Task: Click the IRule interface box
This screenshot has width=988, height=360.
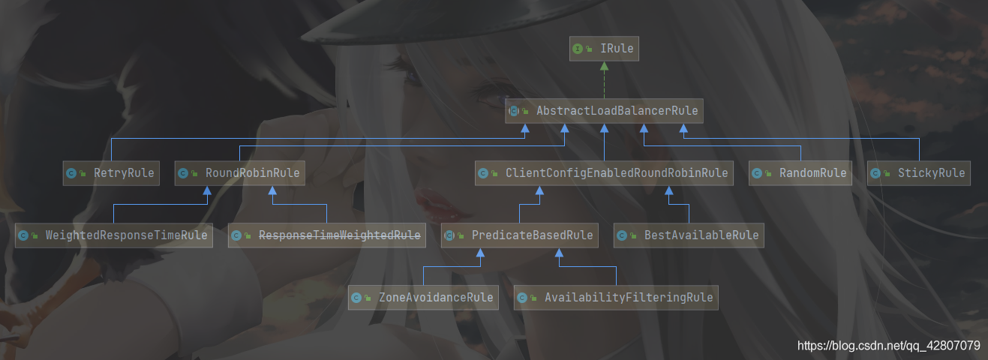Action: click(603, 49)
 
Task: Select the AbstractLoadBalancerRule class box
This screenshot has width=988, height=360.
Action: click(603, 111)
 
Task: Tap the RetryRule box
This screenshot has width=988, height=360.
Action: click(111, 173)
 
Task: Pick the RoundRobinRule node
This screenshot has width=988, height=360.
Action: click(240, 173)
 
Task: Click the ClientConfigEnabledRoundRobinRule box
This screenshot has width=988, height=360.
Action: click(605, 173)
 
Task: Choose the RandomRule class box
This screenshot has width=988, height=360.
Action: click(801, 173)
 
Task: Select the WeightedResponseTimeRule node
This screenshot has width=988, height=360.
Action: click(113, 235)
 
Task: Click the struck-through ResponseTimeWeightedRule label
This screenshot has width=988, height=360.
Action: click(339, 235)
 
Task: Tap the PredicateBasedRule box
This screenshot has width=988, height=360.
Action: click(520, 235)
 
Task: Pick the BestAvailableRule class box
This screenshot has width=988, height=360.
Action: click(689, 235)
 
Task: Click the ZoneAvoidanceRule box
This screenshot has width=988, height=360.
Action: click(424, 298)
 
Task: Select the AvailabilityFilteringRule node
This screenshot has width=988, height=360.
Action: click(616, 298)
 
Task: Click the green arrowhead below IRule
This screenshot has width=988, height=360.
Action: click(604, 66)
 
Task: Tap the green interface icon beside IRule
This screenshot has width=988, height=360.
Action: click(578, 49)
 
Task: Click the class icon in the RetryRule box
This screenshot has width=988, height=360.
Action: click(71, 173)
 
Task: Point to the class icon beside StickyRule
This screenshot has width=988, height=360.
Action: click(875, 173)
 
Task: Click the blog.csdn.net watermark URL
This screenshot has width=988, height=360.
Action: click(888, 346)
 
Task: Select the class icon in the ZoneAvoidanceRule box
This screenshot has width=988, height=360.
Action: click(356, 298)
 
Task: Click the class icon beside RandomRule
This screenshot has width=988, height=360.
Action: click(757, 173)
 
